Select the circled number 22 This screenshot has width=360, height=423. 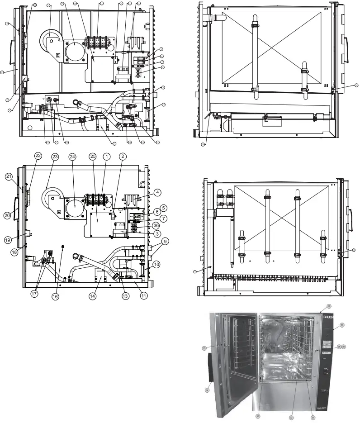(x=38, y=155)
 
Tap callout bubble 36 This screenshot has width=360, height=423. (x=156, y=225)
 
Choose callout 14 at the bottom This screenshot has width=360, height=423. (x=93, y=296)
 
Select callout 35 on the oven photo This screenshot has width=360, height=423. (x=204, y=348)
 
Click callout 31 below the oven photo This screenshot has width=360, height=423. (x=312, y=417)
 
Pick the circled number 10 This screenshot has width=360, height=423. (x=156, y=264)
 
